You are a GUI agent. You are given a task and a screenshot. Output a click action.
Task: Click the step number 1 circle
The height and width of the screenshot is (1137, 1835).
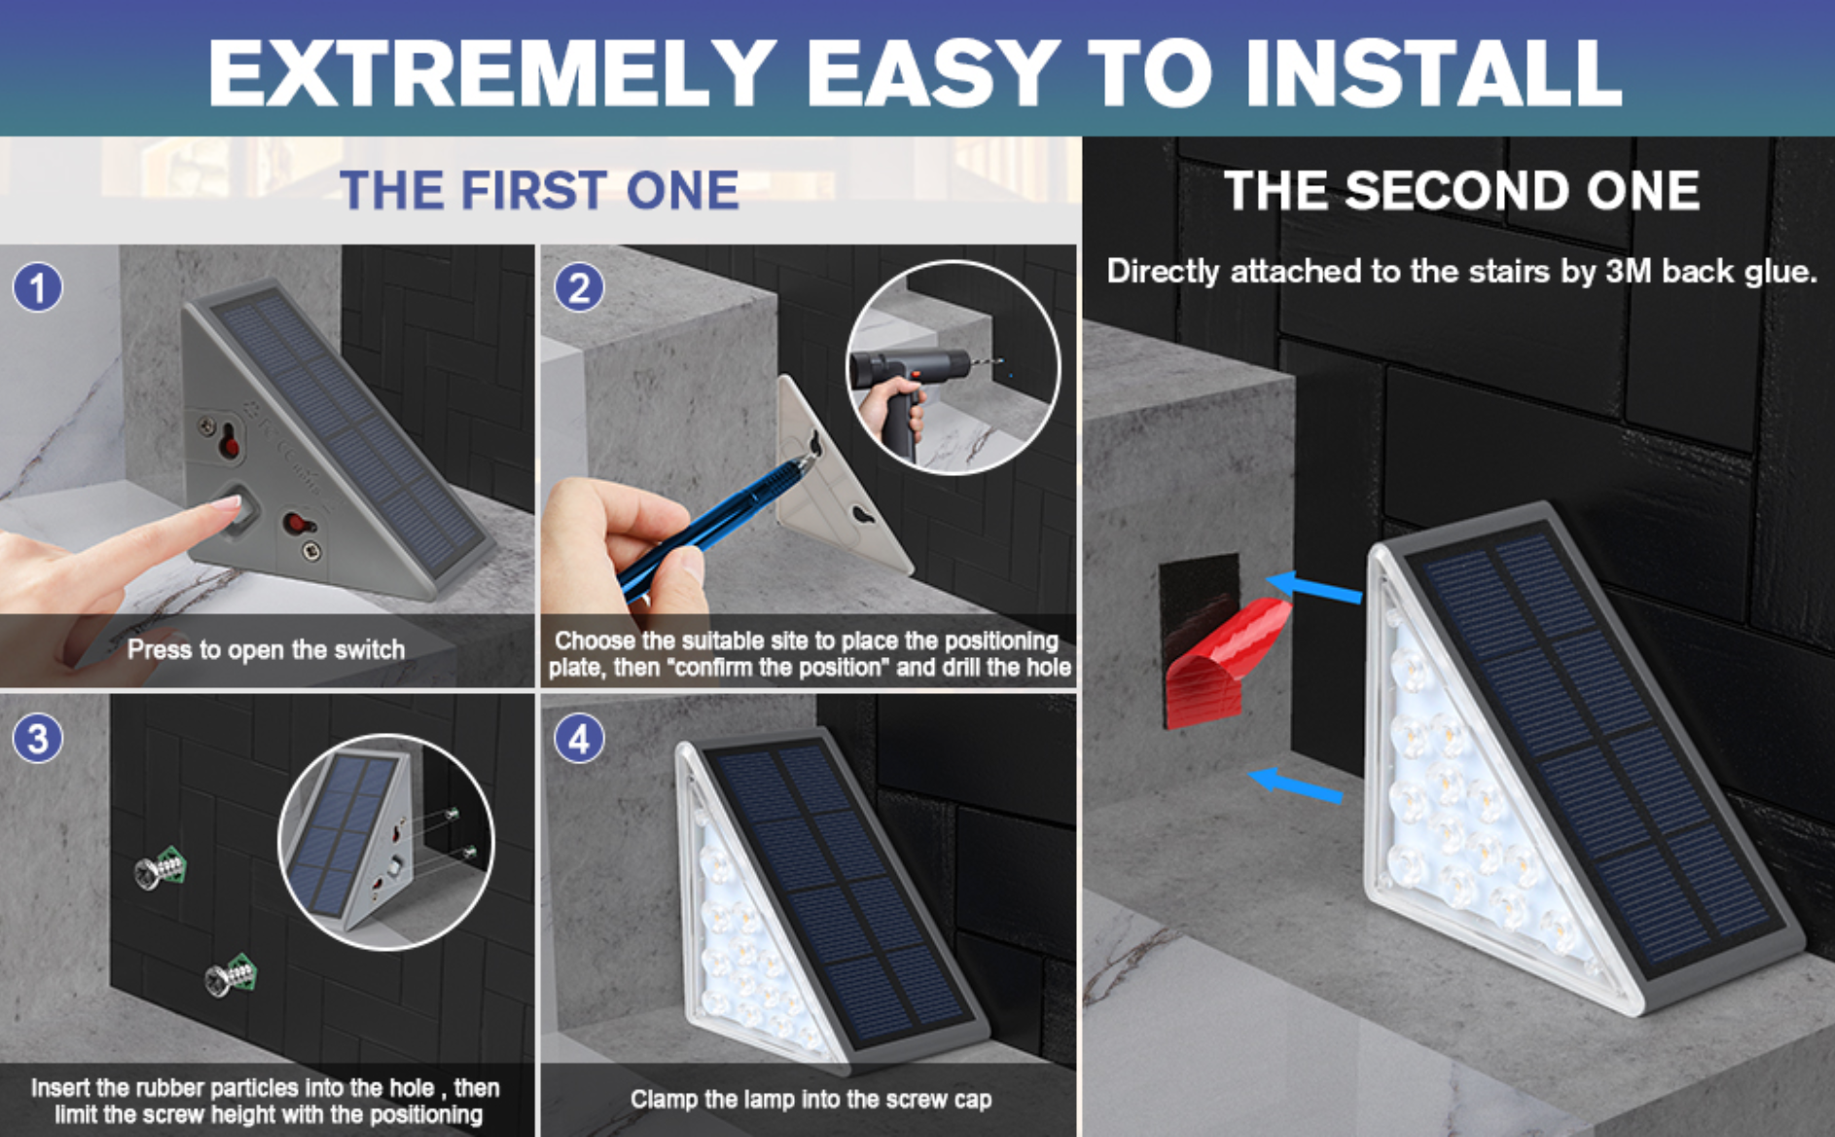pos(38,288)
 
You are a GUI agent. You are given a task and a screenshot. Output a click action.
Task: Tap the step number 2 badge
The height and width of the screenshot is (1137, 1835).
pos(579,288)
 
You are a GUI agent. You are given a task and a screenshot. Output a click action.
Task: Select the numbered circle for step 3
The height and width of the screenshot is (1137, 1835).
pos(38,739)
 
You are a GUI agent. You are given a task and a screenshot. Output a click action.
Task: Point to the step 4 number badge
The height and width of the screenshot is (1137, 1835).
pos(579,739)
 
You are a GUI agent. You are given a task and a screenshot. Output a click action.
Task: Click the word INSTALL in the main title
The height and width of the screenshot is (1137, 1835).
pos(1432,73)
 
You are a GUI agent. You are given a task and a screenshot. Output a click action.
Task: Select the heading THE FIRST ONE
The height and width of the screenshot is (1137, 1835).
pos(539,190)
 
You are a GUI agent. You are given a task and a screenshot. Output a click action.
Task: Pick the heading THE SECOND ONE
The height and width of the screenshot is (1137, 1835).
pos(1461,190)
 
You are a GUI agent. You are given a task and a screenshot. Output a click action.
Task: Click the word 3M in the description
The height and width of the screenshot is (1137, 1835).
pos(1630,271)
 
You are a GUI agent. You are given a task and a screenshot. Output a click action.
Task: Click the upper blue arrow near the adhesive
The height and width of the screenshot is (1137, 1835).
pos(1313,587)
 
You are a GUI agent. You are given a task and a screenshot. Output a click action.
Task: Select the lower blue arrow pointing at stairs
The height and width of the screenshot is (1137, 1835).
pos(1296,785)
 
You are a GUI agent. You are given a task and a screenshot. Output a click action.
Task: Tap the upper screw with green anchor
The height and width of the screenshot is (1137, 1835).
pos(161,868)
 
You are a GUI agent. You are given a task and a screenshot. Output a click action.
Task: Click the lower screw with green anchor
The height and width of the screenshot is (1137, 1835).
pos(231,975)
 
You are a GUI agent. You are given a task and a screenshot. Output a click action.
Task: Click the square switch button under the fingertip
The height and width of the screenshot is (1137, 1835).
pos(239,511)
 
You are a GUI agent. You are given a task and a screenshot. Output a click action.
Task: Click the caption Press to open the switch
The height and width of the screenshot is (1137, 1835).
pos(266,649)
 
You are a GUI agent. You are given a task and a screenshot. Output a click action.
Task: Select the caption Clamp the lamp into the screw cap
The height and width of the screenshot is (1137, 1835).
pos(810,1099)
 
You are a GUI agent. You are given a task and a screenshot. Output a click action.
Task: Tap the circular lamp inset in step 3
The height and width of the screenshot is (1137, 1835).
pos(386,841)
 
